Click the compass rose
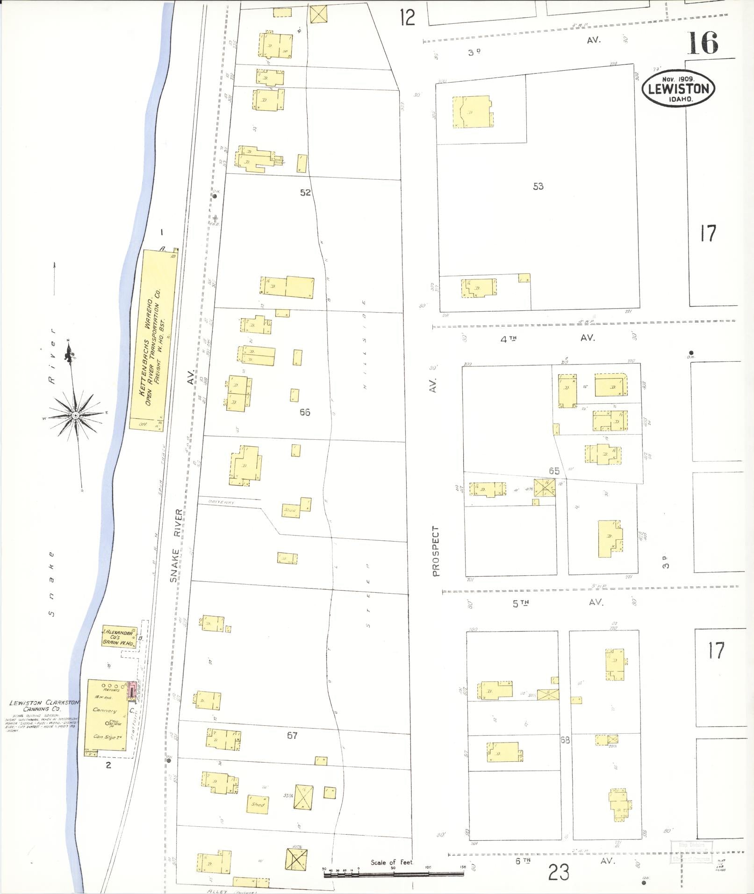(75, 415)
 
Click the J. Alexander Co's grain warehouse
(119, 637)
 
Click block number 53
(538, 186)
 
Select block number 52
(305, 193)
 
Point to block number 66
(305, 412)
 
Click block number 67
(292, 736)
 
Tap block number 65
(554, 471)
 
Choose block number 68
(565, 740)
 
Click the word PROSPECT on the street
(436, 551)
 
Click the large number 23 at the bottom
(559, 872)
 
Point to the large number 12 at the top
(407, 18)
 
